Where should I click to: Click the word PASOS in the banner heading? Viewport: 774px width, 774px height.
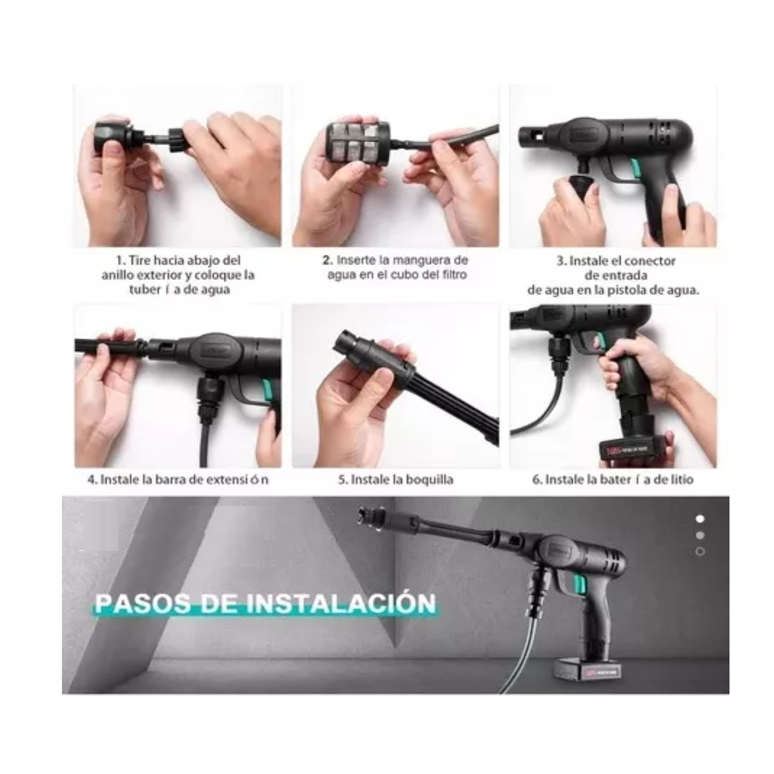143,603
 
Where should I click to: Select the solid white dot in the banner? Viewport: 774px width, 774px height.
700,519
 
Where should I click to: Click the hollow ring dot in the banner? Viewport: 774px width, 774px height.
700,551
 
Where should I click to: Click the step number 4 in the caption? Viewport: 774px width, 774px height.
92,480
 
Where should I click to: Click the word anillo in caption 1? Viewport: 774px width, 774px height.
114,275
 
